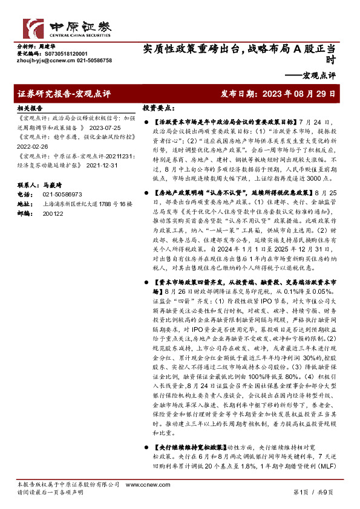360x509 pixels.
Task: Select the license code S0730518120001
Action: [58, 53]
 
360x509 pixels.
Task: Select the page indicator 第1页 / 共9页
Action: [313, 493]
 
